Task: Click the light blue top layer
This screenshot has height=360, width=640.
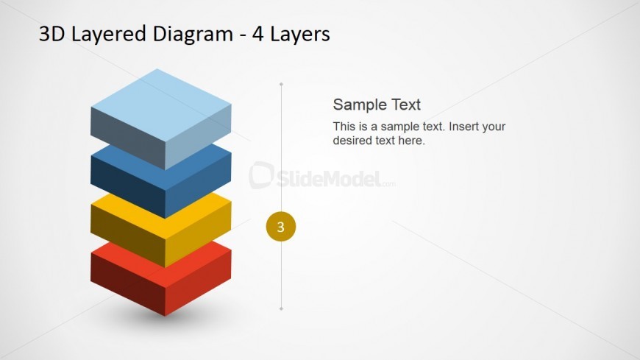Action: coord(161,119)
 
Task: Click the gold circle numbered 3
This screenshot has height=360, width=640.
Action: coord(281,226)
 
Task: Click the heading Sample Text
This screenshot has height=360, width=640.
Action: coord(377,105)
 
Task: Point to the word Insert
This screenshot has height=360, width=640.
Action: coord(463,127)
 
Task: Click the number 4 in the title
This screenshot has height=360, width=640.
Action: coord(257,35)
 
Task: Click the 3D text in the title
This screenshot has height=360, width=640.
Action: coord(51,34)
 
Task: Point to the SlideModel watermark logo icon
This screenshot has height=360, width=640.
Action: coord(261,175)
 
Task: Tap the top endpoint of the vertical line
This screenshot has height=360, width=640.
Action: coord(281,84)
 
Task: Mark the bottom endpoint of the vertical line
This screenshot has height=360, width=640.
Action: coord(281,309)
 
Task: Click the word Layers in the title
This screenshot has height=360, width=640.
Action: coord(299,35)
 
